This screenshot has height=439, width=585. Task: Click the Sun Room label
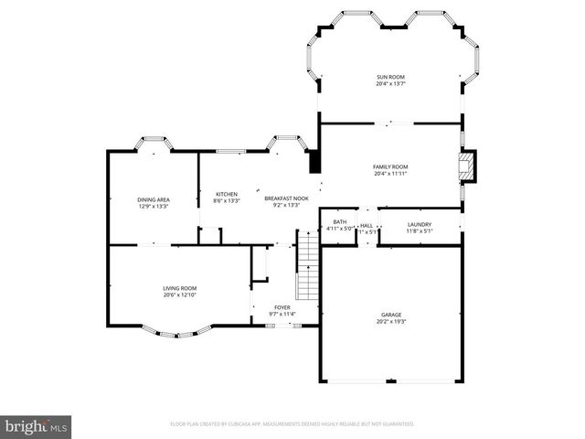coord(390,77)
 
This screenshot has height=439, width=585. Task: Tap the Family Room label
coord(390,166)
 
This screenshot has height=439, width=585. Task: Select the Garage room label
coord(390,315)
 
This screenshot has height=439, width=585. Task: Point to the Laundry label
coord(419,224)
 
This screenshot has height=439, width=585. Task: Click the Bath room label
coord(340,222)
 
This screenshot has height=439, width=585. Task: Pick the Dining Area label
coord(153,199)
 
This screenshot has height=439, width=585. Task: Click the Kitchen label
coord(227,194)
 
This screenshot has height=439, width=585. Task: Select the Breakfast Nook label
coord(286,198)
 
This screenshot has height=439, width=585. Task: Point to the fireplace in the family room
coord(467,167)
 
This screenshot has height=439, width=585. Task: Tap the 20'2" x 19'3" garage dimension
coord(390,322)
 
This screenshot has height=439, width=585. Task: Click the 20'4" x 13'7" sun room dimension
coord(390,84)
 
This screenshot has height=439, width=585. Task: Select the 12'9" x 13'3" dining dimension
coord(153,207)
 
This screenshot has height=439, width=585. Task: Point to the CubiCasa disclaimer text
coord(292,423)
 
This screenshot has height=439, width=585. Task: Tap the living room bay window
coord(180,330)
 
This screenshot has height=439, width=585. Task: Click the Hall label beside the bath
coord(366,225)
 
